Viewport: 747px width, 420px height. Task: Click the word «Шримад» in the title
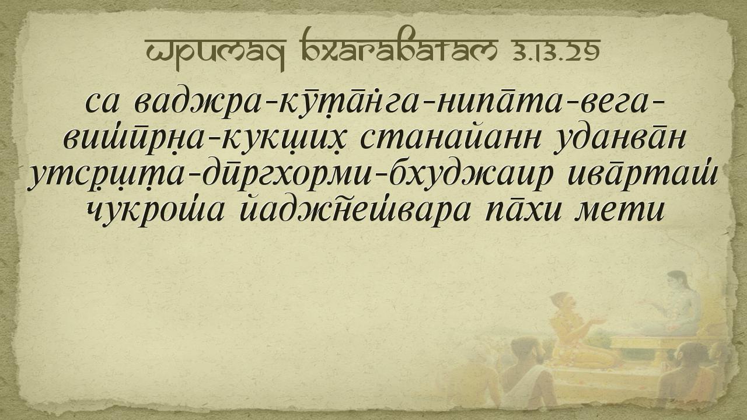point(216,53)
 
